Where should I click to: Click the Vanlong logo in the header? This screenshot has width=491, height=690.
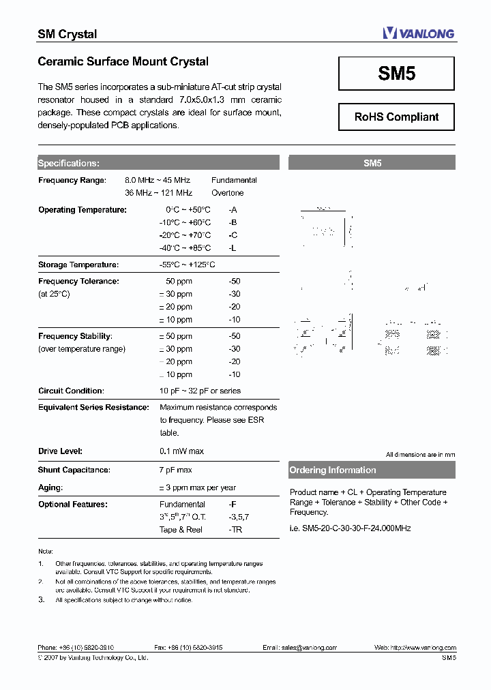click(418, 33)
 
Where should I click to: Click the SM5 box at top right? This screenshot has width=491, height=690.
click(396, 74)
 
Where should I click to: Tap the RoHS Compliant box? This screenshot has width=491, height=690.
click(396, 117)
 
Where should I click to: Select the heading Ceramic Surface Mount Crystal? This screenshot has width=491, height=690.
click(123, 61)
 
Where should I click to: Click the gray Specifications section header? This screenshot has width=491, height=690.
click(158, 163)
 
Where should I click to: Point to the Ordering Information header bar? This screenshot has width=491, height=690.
click(372, 470)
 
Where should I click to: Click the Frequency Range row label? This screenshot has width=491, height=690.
click(72, 180)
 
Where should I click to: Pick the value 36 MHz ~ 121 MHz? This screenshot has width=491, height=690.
click(158, 193)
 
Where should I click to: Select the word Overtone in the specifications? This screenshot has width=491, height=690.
click(227, 193)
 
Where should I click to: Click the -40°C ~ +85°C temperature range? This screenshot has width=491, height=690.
click(185, 248)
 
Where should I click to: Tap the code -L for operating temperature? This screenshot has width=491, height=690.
click(233, 248)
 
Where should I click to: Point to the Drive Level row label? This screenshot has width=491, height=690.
click(60, 451)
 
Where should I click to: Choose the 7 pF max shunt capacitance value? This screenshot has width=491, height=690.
click(175, 470)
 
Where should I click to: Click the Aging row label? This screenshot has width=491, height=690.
click(50, 487)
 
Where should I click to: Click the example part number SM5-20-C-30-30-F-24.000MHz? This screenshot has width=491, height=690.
click(350, 528)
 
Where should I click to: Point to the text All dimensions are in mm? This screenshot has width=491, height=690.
click(420, 454)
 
